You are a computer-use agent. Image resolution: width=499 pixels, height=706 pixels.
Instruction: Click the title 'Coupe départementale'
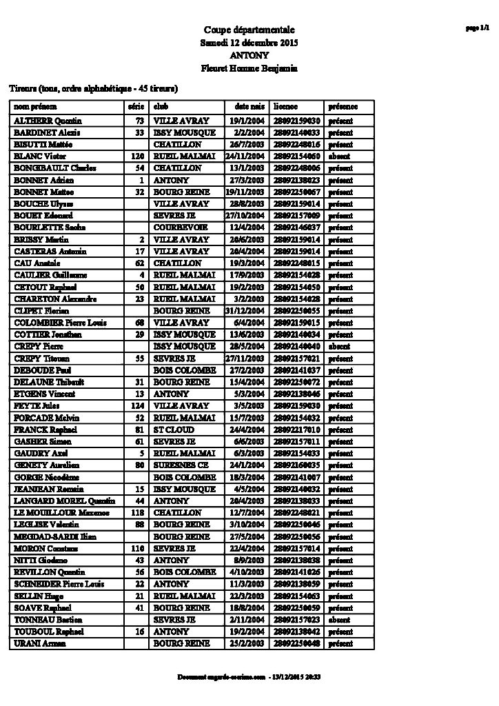pyautogui.click(x=249, y=30)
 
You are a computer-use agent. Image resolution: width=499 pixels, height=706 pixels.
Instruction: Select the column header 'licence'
pyautogui.click(x=285, y=108)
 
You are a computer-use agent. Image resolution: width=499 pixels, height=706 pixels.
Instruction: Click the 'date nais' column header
pyautogui.click(x=250, y=108)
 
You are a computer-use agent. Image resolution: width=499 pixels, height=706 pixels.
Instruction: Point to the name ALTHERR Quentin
pyautogui.click(x=43, y=120)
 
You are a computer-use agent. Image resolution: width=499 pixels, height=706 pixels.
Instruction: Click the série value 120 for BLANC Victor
pyautogui.click(x=136, y=157)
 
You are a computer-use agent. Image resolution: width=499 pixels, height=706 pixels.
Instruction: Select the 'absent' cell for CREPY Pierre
pyautogui.click(x=339, y=346)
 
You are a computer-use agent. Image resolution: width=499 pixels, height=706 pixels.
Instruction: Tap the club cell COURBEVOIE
pyautogui.click(x=178, y=228)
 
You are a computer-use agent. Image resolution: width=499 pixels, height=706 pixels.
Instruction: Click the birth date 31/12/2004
pyautogui.click(x=245, y=310)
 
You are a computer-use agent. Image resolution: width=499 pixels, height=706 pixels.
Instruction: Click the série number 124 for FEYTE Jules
pyautogui.click(x=136, y=405)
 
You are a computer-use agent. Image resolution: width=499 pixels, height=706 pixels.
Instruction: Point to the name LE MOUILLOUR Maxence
pyautogui.click(x=54, y=512)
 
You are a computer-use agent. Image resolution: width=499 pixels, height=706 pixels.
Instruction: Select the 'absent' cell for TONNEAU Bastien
pyautogui.click(x=339, y=619)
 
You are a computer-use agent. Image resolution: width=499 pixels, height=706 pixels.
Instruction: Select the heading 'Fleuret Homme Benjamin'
pyautogui.click(x=249, y=68)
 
